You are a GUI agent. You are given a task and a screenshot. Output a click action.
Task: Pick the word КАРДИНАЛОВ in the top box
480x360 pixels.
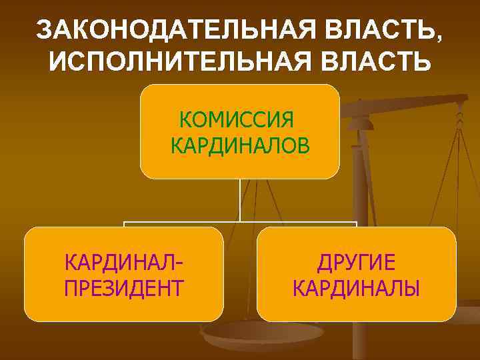point(240,144)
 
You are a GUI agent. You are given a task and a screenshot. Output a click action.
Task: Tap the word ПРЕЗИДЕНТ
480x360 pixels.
point(125,289)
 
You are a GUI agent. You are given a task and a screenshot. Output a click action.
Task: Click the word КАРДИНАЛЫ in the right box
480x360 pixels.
point(357,289)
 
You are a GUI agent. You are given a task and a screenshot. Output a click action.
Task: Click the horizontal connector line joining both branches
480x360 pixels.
point(240,222)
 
